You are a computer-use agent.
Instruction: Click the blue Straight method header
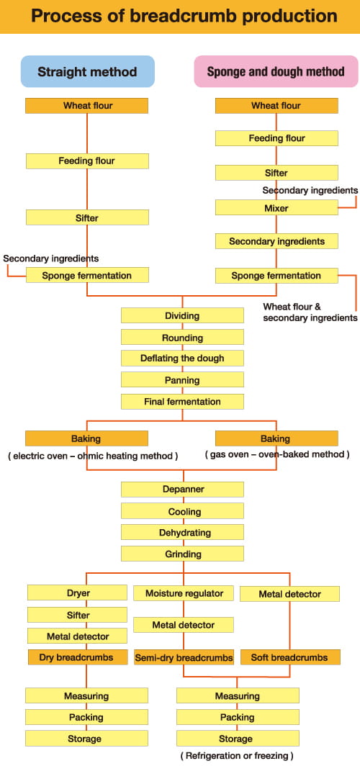coord(87,71)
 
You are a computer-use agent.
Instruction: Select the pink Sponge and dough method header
coord(276,71)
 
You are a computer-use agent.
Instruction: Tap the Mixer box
coord(276,208)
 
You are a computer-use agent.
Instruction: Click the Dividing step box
coord(182,315)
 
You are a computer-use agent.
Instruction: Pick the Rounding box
coord(182,337)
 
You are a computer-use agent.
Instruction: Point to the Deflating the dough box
coord(182,358)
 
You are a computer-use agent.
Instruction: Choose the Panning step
coord(182,379)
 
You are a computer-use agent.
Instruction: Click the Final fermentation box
coord(182,402)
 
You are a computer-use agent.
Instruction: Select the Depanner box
coord(182,489)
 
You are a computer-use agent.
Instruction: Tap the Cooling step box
coord(182,511)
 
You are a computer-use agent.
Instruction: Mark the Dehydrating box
coord(182,532)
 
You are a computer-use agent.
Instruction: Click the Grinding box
coord(182,554)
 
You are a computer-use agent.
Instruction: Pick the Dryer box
coord(77,593)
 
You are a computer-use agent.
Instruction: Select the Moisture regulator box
coord(184,593)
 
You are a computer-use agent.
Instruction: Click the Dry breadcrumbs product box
coord(77,657)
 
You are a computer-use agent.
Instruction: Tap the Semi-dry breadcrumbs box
coord(184,657)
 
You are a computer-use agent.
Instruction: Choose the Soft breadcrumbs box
coord(289,657)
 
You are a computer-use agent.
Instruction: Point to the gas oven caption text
coord(277,454)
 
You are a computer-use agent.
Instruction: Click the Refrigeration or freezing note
coord(237,756)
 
